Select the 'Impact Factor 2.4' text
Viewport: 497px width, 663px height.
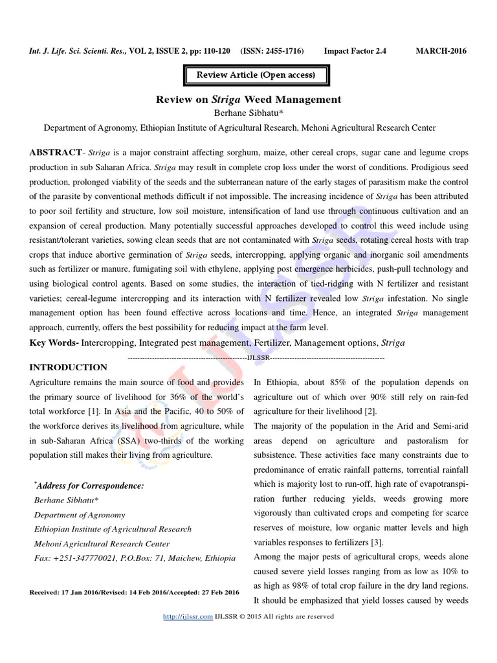tap(355, 51)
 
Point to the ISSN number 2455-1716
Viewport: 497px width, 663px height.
tap(283, 51)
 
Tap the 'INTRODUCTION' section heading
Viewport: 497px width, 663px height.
tap(69, 367)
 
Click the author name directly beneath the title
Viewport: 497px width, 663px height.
tap(248, 113)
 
